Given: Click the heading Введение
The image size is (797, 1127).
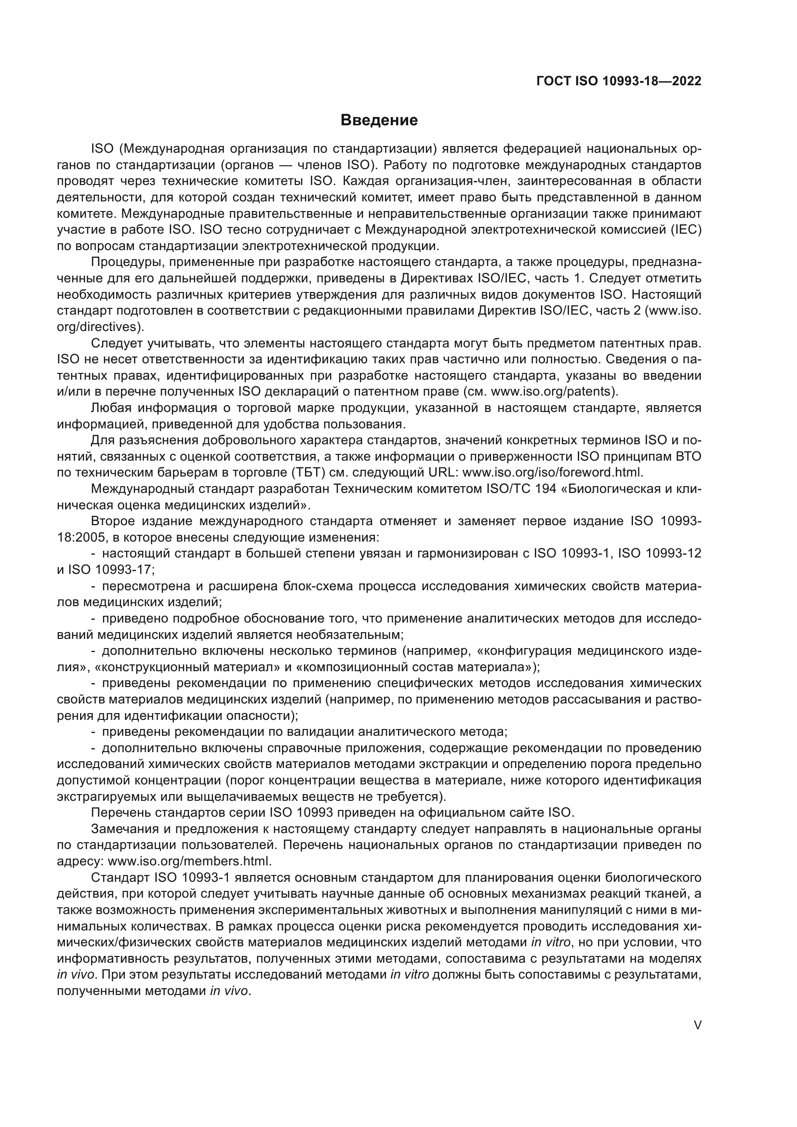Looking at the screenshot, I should tap(379, 120).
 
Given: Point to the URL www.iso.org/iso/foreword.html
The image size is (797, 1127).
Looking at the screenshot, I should tap(552, 473).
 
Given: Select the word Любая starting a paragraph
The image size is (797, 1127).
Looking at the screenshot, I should tap(110, 408).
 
